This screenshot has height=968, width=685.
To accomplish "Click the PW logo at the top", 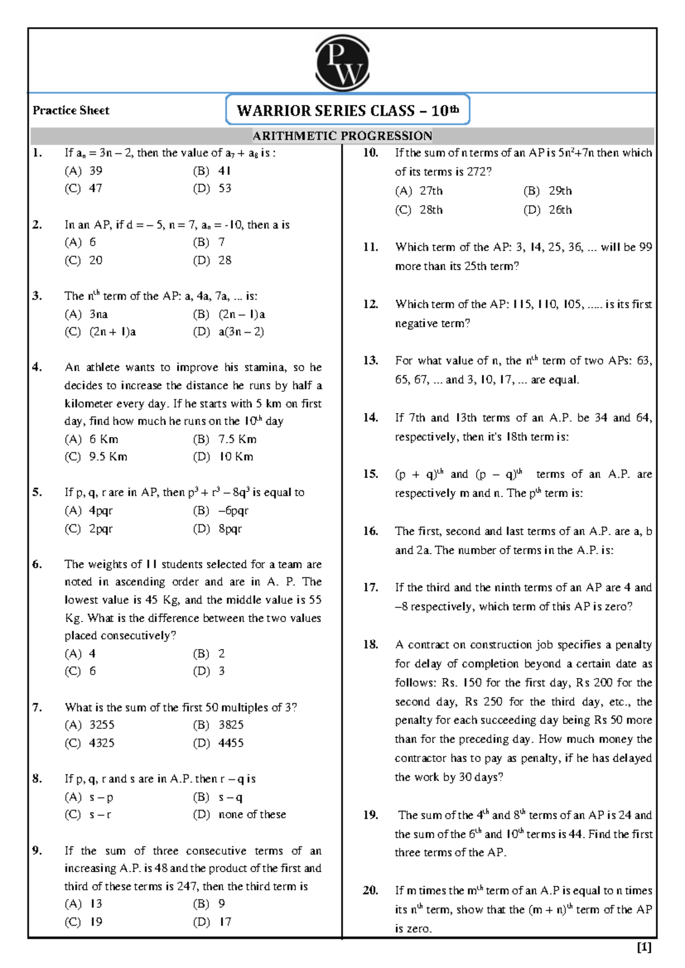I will click(342, 62).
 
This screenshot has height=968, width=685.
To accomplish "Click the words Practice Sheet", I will click(71, 110).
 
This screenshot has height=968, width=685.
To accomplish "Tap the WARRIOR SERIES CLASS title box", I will click(347, 110).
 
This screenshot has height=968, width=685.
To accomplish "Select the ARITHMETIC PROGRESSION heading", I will click(342, 136).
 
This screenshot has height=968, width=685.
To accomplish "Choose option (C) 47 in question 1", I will click(83, 188).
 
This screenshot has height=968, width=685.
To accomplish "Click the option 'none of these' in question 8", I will click(252, 814).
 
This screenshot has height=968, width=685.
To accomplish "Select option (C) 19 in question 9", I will click(83, 922).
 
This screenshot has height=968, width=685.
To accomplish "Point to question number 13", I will click(370, 360).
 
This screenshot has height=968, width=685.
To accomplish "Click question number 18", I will click(370, 644).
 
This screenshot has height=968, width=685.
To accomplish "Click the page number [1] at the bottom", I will click(644, 947).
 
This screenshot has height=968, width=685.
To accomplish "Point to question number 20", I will click(370, 890).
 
